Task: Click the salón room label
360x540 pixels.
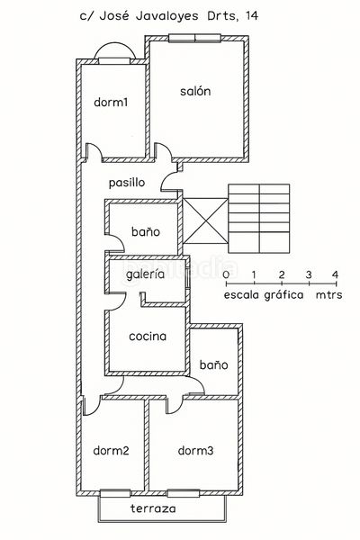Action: click(195, 91)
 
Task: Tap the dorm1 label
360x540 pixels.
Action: click(111, 103)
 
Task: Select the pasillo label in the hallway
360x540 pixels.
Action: click(127, 183)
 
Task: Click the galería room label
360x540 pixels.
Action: click(145, 274)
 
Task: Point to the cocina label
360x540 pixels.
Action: click(148, 337)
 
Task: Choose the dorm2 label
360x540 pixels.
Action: click(111, 451)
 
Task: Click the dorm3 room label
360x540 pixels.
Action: click(195, 451)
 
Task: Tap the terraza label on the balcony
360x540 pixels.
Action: click(153, 508)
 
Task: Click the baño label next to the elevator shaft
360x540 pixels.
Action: click(146, 232)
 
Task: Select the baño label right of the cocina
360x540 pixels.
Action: click(213, 365)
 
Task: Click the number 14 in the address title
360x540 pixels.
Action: click(251, 16)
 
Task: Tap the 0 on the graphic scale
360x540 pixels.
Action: click(226, 274)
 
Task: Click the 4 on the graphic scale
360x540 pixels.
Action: click(335, 274)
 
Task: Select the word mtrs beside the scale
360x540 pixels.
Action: click(329, 295)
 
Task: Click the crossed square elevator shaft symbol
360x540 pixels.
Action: click(205, 220)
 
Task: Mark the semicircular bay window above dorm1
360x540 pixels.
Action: click(114, 50)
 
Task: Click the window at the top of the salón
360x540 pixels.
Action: click(194, 38)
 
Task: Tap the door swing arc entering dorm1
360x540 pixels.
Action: click(94, 151)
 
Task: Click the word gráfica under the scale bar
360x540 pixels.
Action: click(283, 295)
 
